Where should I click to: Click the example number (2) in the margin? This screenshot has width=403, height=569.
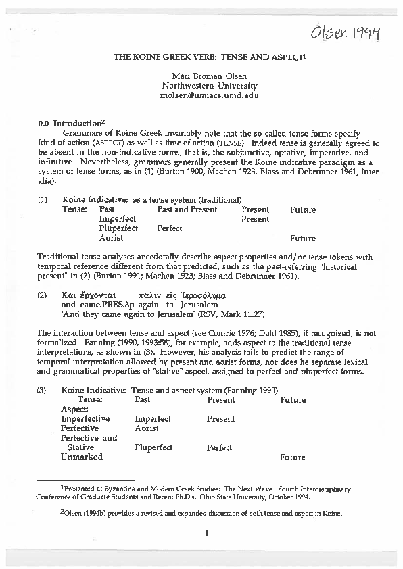coord(43,295)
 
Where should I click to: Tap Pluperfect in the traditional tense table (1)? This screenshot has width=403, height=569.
coord(118,228)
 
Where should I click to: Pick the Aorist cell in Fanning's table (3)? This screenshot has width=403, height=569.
coord(147,428)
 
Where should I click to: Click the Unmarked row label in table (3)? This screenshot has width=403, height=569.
coord(81,457)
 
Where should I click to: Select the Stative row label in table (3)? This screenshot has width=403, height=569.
coord(80,447)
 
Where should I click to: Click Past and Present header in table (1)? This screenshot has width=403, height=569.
coord(187,209)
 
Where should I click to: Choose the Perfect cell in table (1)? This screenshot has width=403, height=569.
coord(170,228)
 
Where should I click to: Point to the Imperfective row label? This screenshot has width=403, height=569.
coord(85,419)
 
